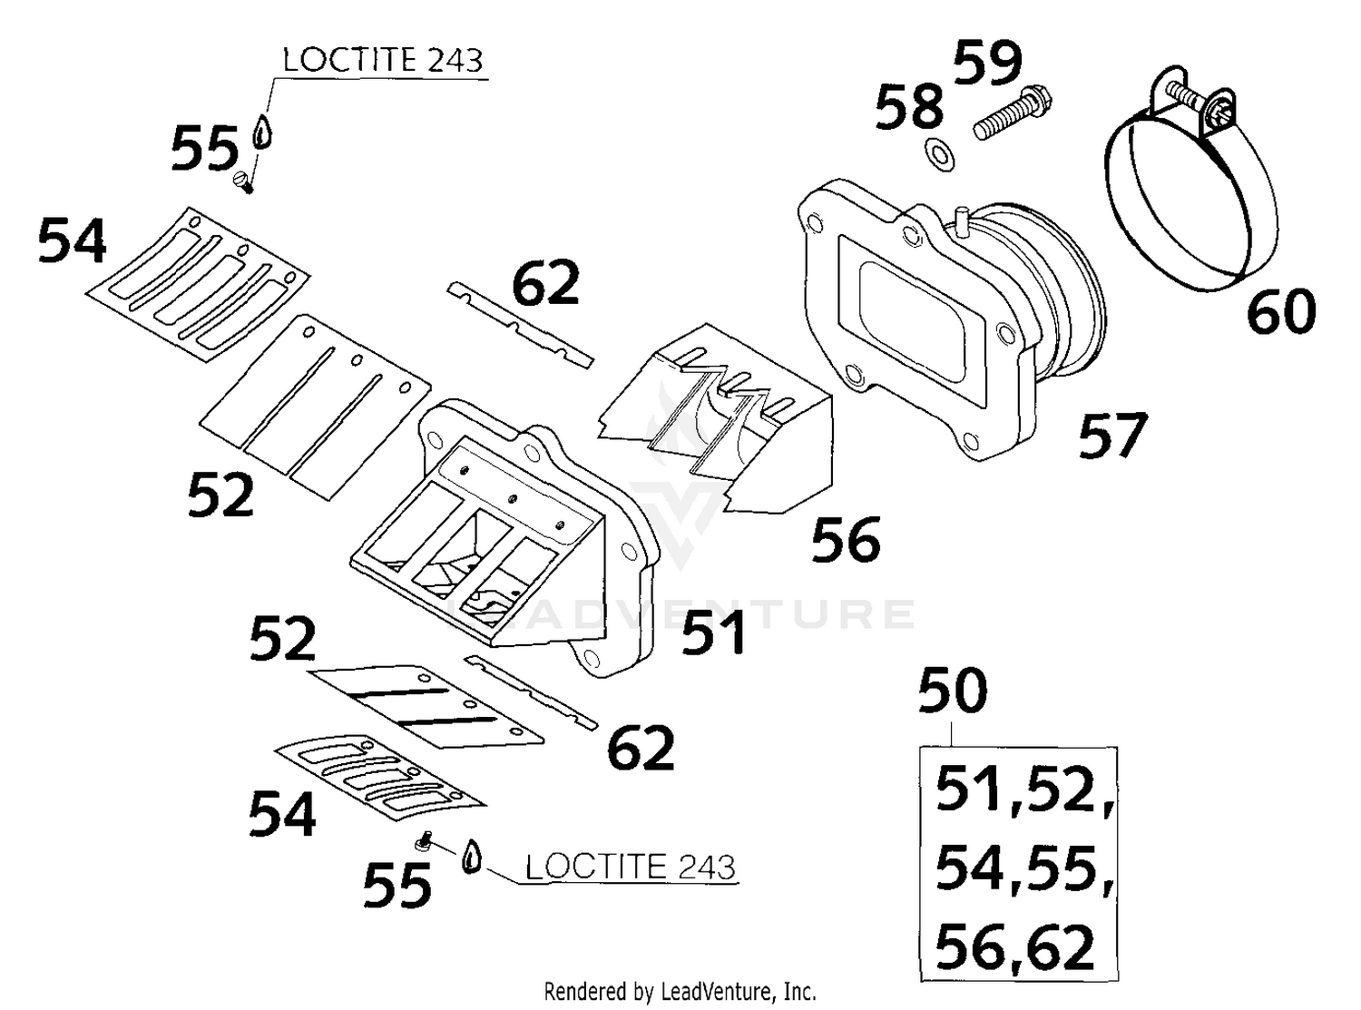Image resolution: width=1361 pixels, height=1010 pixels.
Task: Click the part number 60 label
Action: click(x=1280, y=311)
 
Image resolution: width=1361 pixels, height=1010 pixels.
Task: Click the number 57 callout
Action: click(x=1112, y=436)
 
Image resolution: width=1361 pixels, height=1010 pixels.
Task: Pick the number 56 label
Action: click(x=845, y=540)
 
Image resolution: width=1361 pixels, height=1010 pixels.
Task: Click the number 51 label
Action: click(x=713, y=632)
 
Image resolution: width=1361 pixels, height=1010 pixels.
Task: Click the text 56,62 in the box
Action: click(x=1014, y=946)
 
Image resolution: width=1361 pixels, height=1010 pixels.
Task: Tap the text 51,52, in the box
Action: click(x=1023, y=789)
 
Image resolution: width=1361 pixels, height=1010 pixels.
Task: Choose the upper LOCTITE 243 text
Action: click(x=382, y=61)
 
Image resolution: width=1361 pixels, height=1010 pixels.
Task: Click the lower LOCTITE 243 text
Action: click(x=630, y=867)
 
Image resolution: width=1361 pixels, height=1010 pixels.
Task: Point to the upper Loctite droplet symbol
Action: click(x=262, y=132)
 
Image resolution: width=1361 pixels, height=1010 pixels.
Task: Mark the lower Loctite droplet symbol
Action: click(x=470, y=856)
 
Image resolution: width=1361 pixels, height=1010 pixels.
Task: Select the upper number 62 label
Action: click(x=545, y=283)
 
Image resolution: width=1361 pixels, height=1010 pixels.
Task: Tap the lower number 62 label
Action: click(x=641, y=748)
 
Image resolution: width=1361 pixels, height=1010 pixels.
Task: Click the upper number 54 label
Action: click(x=72, y=241)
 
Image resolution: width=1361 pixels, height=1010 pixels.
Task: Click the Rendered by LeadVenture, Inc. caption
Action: click(x=680, y=991)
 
